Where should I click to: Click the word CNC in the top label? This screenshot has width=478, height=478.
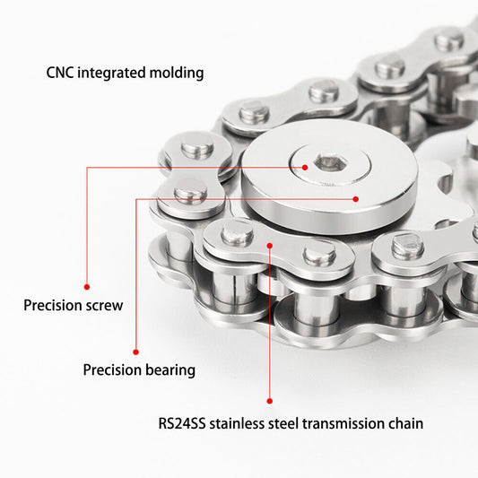60,73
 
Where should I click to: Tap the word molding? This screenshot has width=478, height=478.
177,74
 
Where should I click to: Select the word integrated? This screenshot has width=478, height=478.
111,74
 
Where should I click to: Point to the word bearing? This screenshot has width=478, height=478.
170,370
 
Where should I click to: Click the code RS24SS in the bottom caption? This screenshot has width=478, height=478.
182,423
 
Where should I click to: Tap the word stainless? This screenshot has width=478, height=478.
237,423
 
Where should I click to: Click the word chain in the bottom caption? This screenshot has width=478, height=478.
405,423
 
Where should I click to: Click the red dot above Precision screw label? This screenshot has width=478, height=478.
87,287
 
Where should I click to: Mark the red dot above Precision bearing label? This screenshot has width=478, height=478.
136,352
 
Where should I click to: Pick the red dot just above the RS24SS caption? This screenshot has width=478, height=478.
269,401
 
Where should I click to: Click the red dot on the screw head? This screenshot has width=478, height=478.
305,168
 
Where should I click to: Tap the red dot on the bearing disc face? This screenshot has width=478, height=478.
356,199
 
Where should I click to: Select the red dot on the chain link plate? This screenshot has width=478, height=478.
269,246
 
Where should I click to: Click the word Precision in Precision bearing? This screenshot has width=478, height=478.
112,370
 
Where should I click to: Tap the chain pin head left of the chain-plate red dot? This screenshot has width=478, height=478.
237,234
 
